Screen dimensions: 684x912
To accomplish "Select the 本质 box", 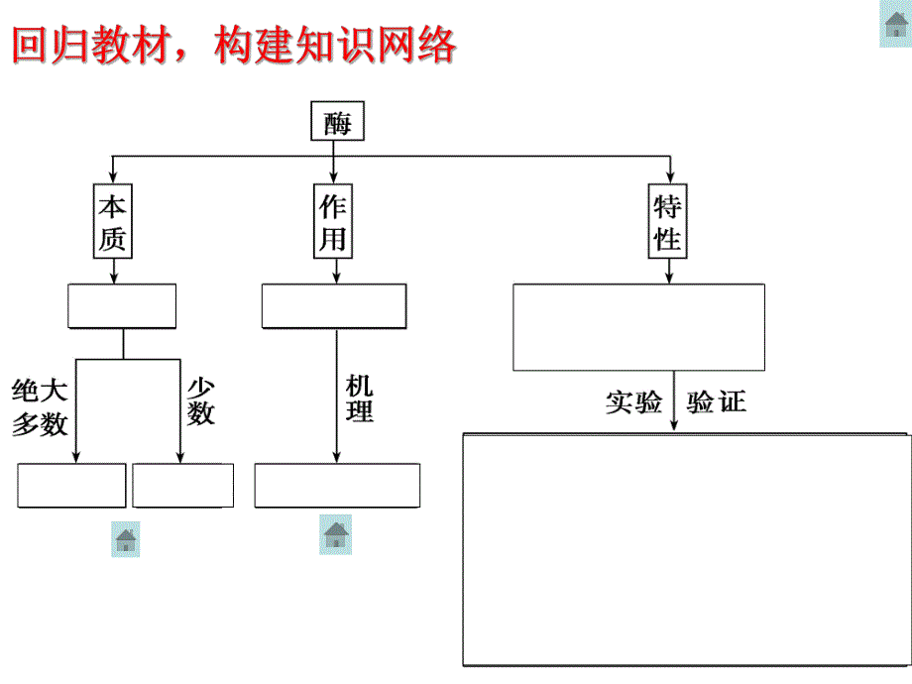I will pyautogui.click(x=113, y=221).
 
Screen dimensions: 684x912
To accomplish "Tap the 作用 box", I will pyautogui.click(x=333, y=221).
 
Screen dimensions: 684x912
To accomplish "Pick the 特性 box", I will pyautogui.click(x=668, y=221).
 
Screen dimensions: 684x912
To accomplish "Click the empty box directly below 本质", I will pyautogui.click(x=122, y=306).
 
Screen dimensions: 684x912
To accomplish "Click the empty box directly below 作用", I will pyautogui.click(x=333, y=306).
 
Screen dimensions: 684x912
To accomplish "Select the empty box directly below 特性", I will pyautogui.click(x=638, y=327).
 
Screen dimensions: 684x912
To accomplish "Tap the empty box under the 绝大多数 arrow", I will pyautogui.click(x=71, y=486).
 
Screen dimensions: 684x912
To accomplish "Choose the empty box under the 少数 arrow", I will pyautogui.click(x=183, y=486).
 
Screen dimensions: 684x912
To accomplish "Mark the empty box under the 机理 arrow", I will pyautogui.click(x=337, y=486).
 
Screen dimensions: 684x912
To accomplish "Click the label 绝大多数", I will pyautogui.click(x=40, y=406).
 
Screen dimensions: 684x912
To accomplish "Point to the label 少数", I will pyautogui.click(x=200, y=400).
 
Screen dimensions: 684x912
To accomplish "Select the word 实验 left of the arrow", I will pyautogui.click(x=633, y=402).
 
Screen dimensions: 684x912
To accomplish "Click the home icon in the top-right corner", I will pyautogui.click(x=895, y=25).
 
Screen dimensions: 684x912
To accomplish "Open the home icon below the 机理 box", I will pyautogui.click(x=335, y=534).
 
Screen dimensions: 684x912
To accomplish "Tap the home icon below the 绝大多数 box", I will pyautogui.click(x=126, y=539).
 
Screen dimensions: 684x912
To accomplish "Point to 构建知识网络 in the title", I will pyautogui.click(x=335, y=45).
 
